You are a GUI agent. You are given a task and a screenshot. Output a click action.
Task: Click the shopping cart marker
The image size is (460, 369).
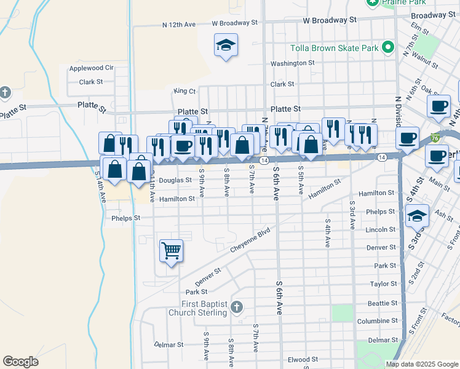pyautogui.click(x=171, y=250)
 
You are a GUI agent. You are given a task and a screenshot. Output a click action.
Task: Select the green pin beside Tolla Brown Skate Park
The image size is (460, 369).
pyautogui.click(x=387, y=47)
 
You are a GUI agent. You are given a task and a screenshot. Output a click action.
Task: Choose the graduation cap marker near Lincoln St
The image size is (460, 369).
pyautogui.click(x=416, y=216)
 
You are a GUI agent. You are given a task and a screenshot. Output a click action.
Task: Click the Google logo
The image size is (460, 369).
pyautogui.click(x=20, y=362)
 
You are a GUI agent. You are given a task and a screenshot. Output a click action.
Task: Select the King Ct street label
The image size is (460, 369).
pyautogui.click(x=184, y=91)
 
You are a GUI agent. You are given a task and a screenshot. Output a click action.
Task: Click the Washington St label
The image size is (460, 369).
pyautogui.click(x=293, y=63)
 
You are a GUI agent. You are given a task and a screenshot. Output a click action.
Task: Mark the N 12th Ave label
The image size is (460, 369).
pyautogui.click(x=179, y=25)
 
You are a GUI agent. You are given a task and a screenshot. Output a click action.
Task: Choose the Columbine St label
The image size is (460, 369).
pyautogui.click(x=378, y=321)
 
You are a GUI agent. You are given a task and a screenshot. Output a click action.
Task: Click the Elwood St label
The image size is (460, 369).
pyautogui.click(x=302, y=359)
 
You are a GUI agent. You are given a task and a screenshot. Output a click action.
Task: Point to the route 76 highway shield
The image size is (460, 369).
pyautogui.click(x=435, y=137)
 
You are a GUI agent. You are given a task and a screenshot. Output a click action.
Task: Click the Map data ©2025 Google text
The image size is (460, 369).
pyautogui.click(x=422, y=364)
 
